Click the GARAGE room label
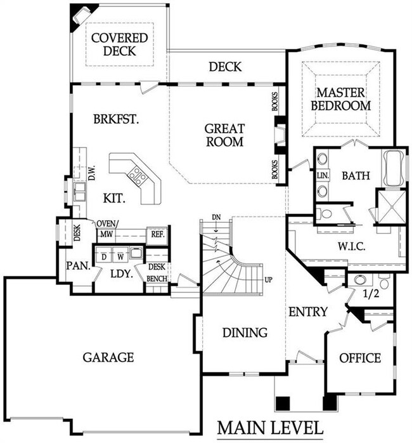tap(108, 357)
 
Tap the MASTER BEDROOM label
tap(340, 99)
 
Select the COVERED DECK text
tap(119, 44)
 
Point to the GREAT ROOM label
tap(224, 135)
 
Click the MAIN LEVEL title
tap(270, 428)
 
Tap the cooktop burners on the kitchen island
tap(137, 176)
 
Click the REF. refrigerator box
tap(158, 235)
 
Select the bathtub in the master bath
tap(394, 168)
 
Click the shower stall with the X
tap(392, 207)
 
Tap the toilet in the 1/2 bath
tap(384, 281)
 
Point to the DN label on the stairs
tap(216, 217)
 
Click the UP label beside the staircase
tap(269, 280)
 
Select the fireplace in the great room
tap(280, 135)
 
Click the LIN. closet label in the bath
tap(323, 175)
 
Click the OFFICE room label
tap(360, 358)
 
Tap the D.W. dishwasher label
tap(92, 173)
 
